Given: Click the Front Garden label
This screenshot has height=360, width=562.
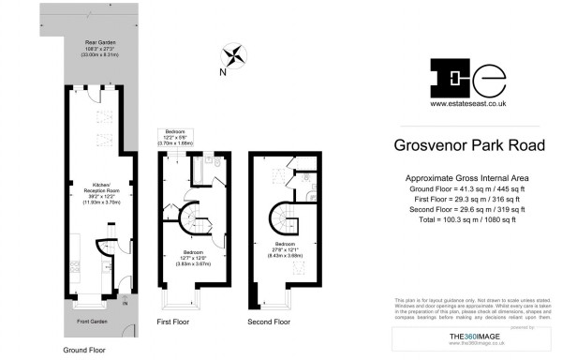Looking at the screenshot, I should click(91, 322).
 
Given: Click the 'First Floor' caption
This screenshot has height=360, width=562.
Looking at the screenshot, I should click(173, 322).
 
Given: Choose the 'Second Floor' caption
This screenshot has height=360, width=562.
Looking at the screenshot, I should click(268, 322).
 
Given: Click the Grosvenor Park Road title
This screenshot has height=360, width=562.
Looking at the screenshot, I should click(466, 146).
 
